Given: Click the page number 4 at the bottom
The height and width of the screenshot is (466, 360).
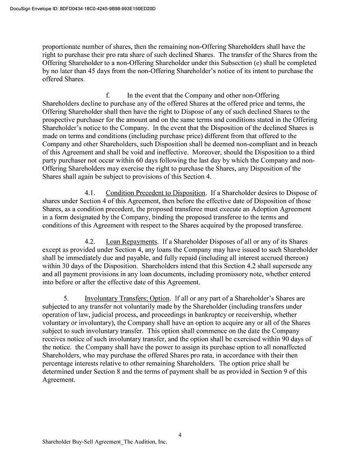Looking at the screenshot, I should click(x=180, y=434).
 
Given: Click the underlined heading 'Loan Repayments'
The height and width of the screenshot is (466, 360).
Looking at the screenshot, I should click(x=132, y=241).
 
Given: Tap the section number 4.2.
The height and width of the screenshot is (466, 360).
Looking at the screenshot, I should click(x=90, y=241).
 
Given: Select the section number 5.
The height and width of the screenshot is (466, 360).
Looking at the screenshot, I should click(x=66, y=298).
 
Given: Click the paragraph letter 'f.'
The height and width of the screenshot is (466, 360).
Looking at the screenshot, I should click(x=108, y=96).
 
